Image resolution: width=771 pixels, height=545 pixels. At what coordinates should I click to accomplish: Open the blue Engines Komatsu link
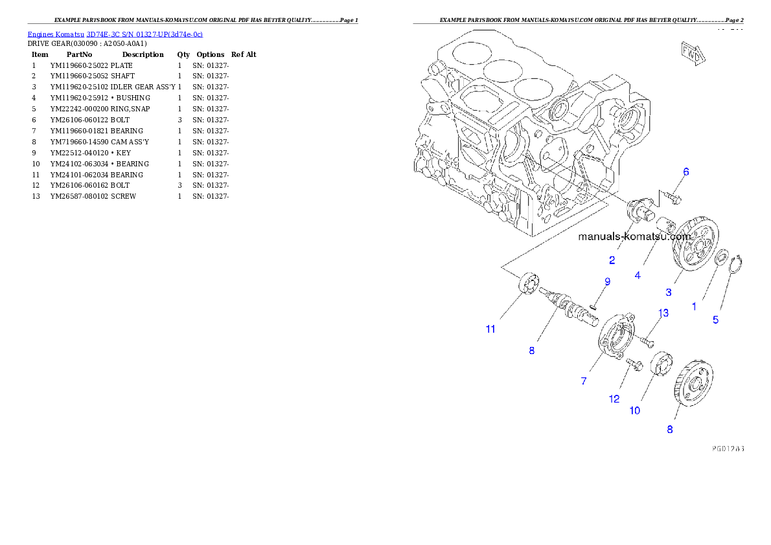(x=115, y=34)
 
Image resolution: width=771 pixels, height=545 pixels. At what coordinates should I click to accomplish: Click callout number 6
(x=685, y=172)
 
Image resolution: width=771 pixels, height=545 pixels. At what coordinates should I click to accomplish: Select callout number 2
(x=612, y=260)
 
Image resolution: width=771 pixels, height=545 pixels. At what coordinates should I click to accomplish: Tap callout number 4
(x=638, y=275)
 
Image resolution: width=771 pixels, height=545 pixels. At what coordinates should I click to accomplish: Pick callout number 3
(x=669, y=292)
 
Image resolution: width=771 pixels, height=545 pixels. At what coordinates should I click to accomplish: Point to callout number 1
(x=694, y=306)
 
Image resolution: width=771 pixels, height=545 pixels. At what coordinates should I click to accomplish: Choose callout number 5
(x=715, y=319)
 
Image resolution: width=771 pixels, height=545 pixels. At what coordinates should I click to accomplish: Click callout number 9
(x=607, y=282)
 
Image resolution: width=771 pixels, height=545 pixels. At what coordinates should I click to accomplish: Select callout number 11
(x=490, y=329)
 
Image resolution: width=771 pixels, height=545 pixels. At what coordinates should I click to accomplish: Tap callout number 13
(x=663, y=313)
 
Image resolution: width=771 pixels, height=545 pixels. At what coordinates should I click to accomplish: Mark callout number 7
(x=583, y=381)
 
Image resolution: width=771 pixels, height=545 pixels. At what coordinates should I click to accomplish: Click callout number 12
(x=614, y=399)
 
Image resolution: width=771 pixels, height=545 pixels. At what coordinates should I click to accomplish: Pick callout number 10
(x=634, y=410)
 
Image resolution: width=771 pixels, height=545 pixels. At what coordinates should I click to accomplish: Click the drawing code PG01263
(x=727, y=447)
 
